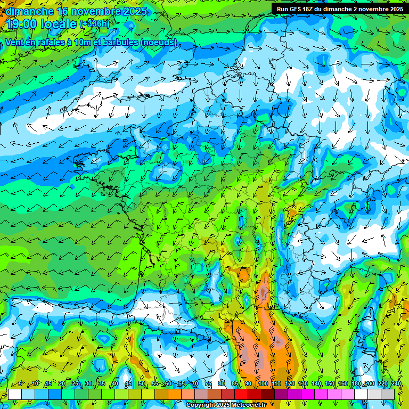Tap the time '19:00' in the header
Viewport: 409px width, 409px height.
21,24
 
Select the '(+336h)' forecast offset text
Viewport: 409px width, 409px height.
95,24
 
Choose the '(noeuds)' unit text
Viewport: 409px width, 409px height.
159,42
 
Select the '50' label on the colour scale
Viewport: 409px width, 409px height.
141,384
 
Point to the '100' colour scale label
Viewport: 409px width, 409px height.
262,384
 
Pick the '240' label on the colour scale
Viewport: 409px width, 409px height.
396,384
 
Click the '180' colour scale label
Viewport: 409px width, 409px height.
356,384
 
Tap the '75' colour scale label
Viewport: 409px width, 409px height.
208,384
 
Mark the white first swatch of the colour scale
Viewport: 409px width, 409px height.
14,394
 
